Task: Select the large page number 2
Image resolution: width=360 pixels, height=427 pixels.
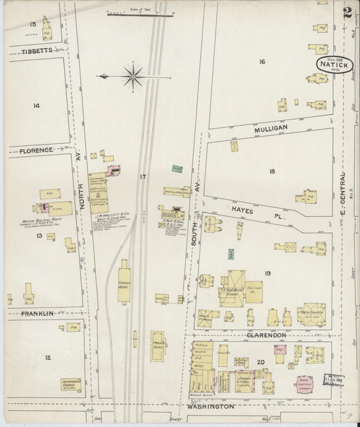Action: pyautogui.click(x=347, y=11)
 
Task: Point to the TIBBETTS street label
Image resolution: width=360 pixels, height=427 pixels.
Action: pyautogui.click(x=36, y=51)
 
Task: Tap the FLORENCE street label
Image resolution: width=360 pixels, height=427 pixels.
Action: pyautogui.click(x=35, y=150)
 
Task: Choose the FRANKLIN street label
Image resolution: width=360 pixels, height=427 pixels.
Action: pyautogui.click(x=36, y=313)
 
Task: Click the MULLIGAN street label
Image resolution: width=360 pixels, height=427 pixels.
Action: pyautogui.click(x=271, y=127)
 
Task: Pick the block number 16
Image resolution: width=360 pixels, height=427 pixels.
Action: pyautogui.click(x=261, y=62)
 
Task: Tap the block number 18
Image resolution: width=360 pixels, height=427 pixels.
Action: pyautogui.click(x=272, y=172)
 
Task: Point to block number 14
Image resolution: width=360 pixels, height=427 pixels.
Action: pyautogui.click(x=36, y=105)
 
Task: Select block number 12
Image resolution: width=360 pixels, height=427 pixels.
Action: pyautogui.click(x=47, y=357)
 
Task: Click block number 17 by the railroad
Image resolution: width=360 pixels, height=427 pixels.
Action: pyautogui.click(x=143, y=177)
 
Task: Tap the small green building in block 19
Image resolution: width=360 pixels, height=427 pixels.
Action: pyautogui.click(x=231, y=254)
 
